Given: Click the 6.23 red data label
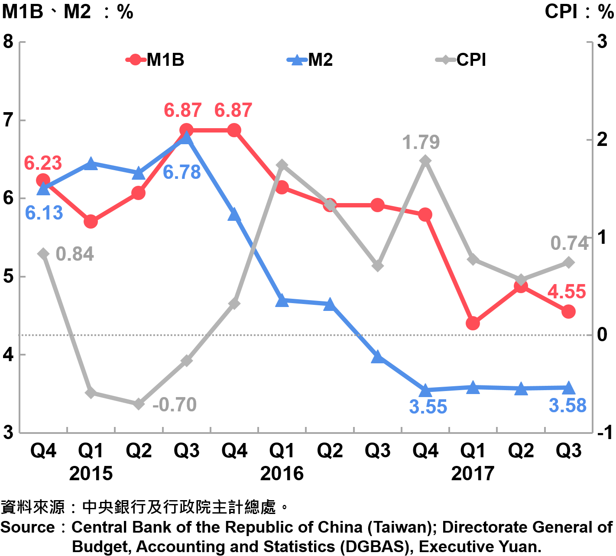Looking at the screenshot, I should pos(43,163).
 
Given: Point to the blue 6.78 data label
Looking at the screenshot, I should pos(182,172).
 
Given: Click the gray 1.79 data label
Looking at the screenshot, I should pos(421,142).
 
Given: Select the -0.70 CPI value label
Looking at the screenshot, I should pos(175,405).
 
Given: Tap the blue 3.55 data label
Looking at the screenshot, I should pos(428,407).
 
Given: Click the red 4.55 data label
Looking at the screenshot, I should pos(567,292).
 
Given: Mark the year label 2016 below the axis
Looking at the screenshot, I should pos(282,474).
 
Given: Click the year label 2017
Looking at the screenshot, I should pos(473,474).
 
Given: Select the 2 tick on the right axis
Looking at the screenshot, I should pos(602,139).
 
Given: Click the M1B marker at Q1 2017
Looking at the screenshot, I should pos(473,323).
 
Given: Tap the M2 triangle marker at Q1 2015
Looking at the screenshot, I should pos(91,164).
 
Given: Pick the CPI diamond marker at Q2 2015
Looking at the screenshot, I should pos(139,404).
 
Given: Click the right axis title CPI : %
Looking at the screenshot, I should pos(579,11).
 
